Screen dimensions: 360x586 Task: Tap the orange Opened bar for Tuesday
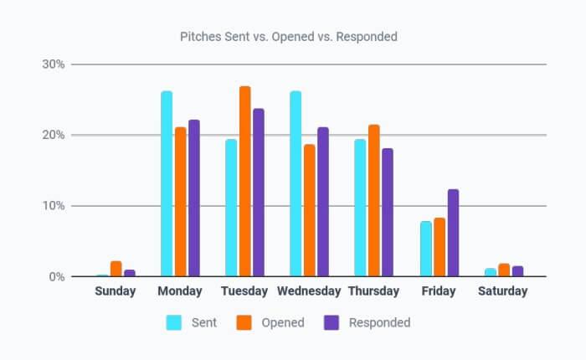[x=244, y=182]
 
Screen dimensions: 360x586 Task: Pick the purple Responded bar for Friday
[x=453, y=233]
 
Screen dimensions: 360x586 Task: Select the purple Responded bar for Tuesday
[x=259, y=193]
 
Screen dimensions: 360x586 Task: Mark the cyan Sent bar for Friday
[x=424, y=249]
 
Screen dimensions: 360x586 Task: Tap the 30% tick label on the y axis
[x=55, y=64]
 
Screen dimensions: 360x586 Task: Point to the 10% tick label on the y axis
[x=55, y=206]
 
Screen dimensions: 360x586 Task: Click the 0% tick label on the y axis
[x=58, y=276]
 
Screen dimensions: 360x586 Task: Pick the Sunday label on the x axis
[x=116, y=291]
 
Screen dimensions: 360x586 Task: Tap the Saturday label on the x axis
[x=502, y=291]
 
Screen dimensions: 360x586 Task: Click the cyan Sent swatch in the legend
[x=175, y=322]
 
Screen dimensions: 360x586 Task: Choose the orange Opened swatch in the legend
[x=244, y=322]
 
